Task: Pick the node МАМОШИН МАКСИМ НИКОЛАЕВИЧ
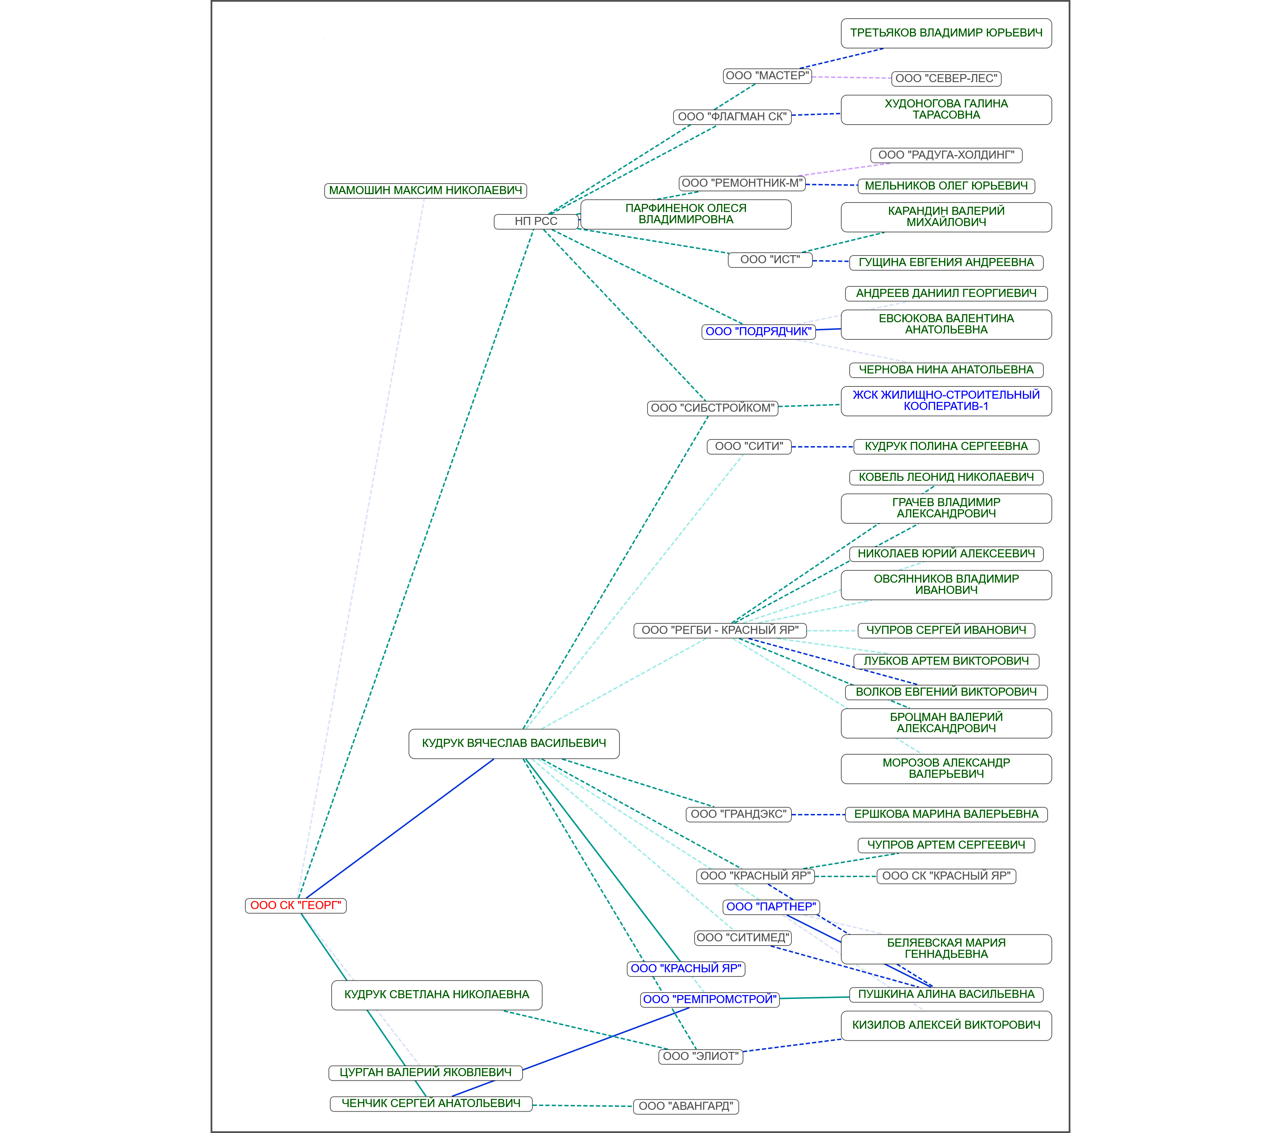tap(425, 191)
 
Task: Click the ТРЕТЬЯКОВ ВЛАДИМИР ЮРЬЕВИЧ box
tap(946, 33)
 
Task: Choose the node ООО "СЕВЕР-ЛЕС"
tap(946, 78)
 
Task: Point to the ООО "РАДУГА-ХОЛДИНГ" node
tap(946, 155)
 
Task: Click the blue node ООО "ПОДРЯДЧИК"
tap(758, 331)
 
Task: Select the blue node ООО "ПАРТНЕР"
tap(771, 907)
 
